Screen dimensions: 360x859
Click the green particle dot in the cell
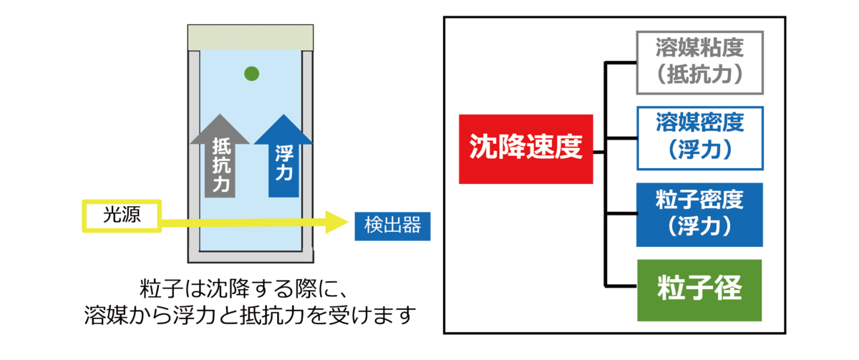point(251,73)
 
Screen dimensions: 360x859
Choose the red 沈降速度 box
point(526,149)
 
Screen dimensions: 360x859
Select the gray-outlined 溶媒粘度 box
point(700,62)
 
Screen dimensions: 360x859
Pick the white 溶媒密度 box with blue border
point(700,137)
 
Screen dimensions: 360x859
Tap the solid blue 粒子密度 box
point(700,214)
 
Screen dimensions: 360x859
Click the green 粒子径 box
point(699,290)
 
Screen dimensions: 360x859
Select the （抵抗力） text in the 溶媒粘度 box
point(700,75)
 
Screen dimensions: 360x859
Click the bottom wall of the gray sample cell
point(251,256)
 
